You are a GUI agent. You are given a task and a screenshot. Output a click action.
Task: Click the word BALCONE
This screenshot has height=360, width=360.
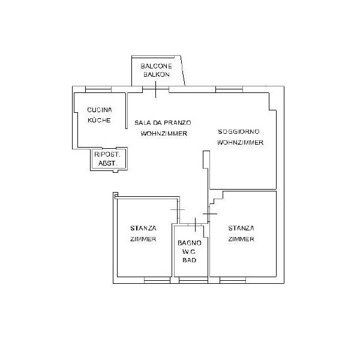click(x=156, y=66)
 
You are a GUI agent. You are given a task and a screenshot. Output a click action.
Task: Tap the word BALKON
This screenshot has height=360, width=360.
click(x=157, y=74)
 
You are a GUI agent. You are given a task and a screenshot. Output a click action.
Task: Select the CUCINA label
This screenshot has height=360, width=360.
click(x=100, y=110)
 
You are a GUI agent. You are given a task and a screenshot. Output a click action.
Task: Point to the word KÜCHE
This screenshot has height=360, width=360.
click(x=99, y=120)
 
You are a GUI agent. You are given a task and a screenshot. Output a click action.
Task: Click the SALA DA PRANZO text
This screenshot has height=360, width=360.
click(x=163, y=122)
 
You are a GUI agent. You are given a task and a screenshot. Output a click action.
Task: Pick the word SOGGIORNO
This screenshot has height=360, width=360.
click(x=239, y=131)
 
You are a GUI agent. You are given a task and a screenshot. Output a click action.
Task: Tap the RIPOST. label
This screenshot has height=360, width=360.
click(x=107, y=154)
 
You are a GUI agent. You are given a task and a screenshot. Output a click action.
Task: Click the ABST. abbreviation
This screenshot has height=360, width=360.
click(x=107, y=163)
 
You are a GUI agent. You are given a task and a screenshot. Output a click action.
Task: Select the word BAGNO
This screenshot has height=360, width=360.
click(x=190, y=242)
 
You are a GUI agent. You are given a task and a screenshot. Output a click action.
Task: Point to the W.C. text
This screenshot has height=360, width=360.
click(x=189, y=251)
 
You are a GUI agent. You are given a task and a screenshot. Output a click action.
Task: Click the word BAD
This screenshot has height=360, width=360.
click(x=189, y=260)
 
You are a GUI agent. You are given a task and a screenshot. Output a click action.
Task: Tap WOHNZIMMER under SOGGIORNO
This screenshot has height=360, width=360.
click(x=240, y=142)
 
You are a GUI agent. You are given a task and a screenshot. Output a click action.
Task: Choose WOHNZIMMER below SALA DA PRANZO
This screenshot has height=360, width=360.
click(x=164, y=133)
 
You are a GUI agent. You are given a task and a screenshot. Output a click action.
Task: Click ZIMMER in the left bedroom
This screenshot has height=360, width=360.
click(x=143, y=239)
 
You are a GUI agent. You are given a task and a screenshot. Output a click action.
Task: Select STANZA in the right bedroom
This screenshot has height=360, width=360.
click(x=241, y=228)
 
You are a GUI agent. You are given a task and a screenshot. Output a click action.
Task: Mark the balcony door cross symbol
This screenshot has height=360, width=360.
click(x=155, y=89)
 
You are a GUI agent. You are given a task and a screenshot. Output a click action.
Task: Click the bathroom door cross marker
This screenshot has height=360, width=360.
click(x=195, y=224)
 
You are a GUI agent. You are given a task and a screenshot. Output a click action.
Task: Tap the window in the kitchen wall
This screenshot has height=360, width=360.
click(x=98, y=89)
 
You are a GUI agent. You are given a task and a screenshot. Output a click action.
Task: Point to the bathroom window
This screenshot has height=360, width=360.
click(x=193, y=280)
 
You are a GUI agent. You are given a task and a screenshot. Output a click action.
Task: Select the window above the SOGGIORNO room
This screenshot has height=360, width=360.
click(x=229, y=89)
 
